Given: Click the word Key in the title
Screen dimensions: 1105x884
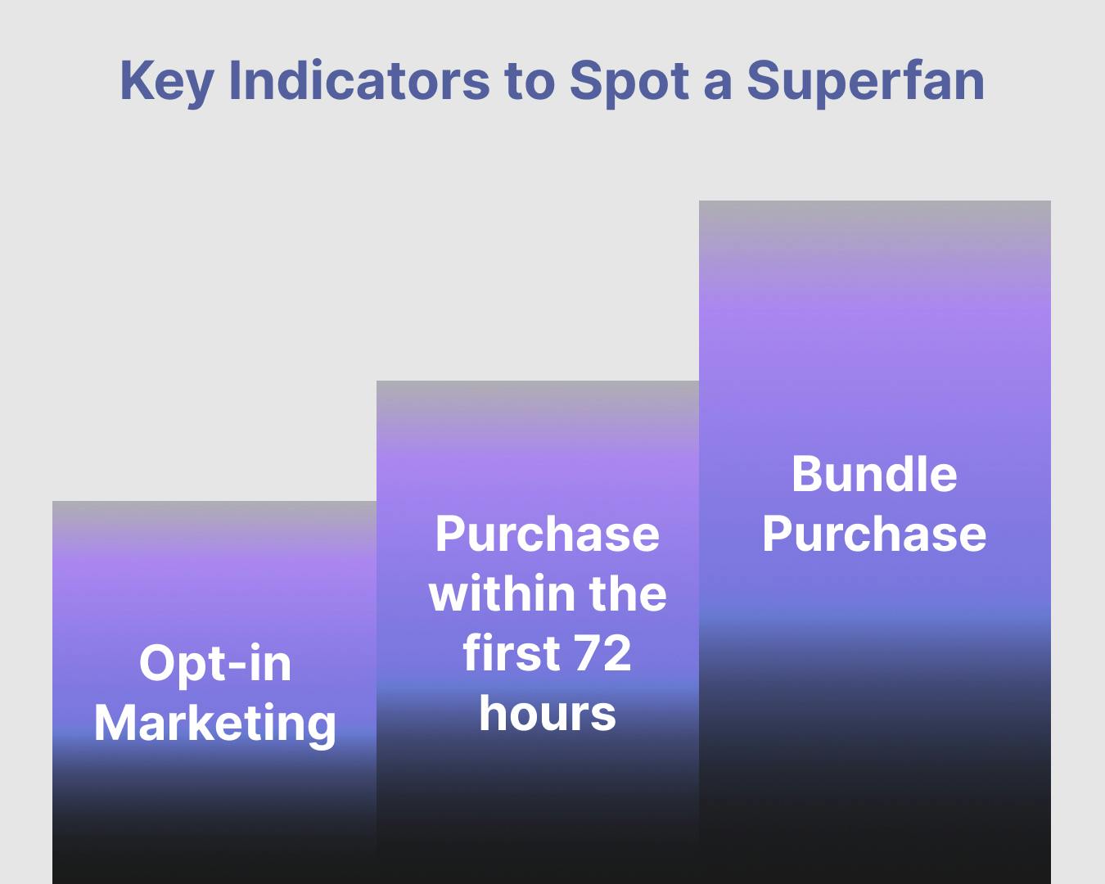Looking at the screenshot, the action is click(x=167, y=82).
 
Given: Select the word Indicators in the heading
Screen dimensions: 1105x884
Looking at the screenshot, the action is click(x=359, y=80).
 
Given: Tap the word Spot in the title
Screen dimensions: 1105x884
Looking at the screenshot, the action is click(x=629, y=82).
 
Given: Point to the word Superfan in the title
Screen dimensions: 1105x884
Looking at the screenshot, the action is click(x=866, y=82).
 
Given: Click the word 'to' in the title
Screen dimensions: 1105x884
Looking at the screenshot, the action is click(x=530, y=82).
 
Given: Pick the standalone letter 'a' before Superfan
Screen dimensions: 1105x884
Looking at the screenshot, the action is click(x=718, y=86).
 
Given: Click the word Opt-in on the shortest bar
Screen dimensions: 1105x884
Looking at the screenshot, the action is click(x=215, y=665).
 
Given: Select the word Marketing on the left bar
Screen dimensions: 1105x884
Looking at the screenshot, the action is click(x=215, y=724).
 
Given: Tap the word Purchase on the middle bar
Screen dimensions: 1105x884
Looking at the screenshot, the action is click(x=548, y=534).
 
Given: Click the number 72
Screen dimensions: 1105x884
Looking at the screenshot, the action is click(x=602, y=653).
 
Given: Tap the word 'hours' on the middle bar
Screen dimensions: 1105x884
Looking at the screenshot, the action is click(x=548, y=713).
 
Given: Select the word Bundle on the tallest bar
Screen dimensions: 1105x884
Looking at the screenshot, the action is click(x=874, y=474).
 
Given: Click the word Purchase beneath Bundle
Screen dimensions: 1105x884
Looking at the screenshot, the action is click(x=874, y=534).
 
